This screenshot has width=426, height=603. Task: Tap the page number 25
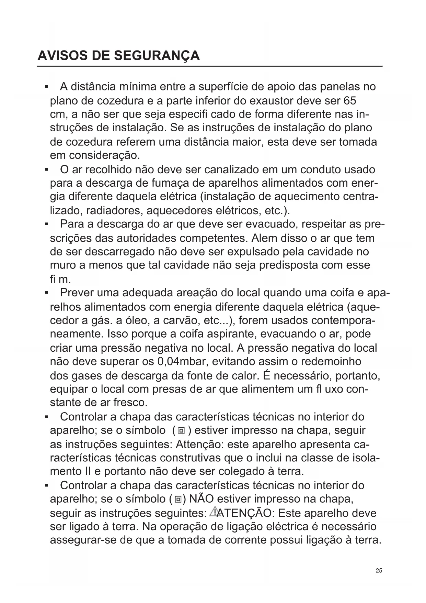click(x=379, y=571)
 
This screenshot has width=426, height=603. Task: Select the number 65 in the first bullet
click(x=349, y=101)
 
